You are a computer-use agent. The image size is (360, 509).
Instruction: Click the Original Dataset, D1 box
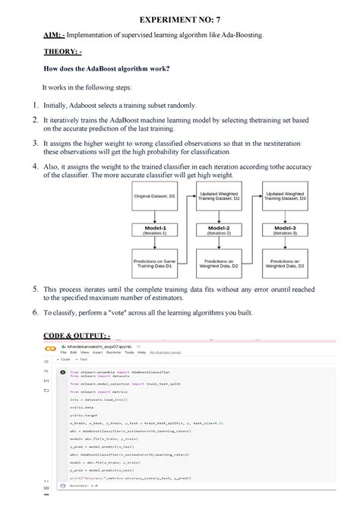click(x=155, y=196)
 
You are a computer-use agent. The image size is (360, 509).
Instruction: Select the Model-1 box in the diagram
click(x=155, y=229)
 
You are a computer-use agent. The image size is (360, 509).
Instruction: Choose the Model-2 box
click(x=219, y=229)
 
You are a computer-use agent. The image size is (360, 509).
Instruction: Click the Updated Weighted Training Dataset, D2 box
click(x=219, y=196)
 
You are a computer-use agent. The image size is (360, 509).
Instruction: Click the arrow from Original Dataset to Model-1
click(x=155, y=213)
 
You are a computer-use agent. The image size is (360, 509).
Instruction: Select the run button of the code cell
click(x=62, y=372)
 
